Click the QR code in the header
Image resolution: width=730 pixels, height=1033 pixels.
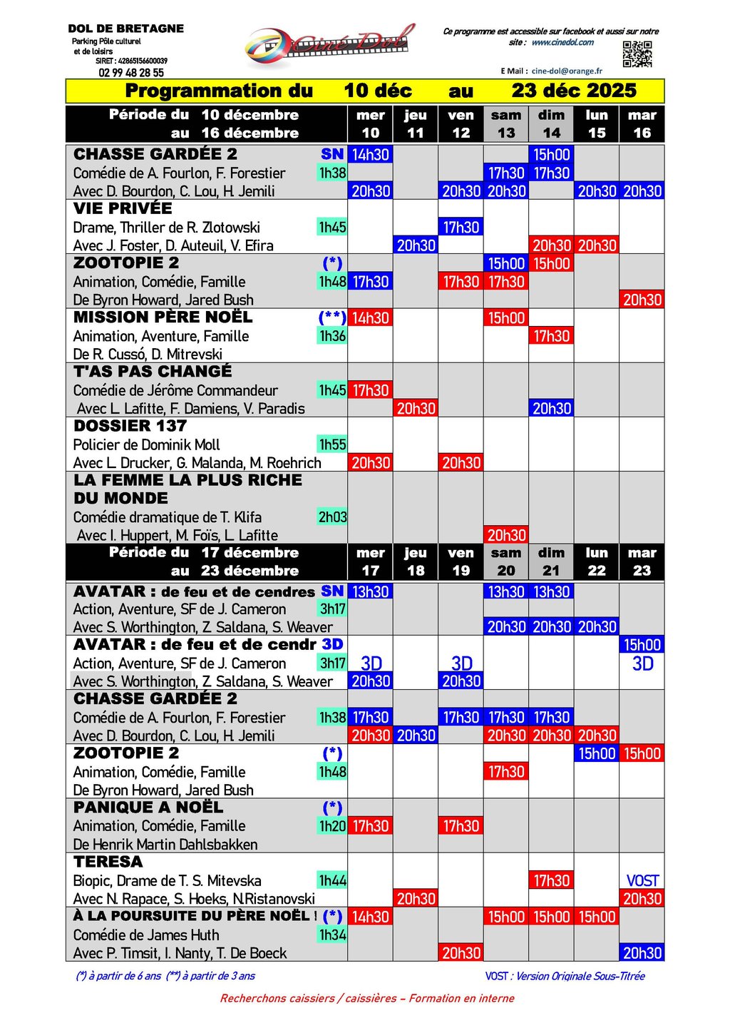pos(637,54)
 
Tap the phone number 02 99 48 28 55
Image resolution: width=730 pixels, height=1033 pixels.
pos(131,73)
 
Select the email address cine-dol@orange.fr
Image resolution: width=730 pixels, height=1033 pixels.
pos(567,71)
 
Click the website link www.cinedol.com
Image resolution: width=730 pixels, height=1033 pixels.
pos(562,43)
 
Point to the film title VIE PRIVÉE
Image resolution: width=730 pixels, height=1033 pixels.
pos(123,208)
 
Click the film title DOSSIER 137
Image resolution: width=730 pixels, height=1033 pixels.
pos(130,426)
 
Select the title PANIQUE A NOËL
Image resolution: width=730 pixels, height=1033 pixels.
pos(148,808)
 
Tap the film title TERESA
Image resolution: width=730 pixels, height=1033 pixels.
pos(108,862)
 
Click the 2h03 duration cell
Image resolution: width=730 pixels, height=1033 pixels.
pos(332,517)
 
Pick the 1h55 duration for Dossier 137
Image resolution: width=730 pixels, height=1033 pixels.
pos(332,444)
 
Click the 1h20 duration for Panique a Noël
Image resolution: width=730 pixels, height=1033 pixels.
pos(332,826)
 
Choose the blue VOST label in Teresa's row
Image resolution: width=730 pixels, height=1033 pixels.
pos(642,881)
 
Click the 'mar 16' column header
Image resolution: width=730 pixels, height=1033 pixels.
pos(642,124)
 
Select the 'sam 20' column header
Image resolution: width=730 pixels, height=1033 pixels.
pos(506,562)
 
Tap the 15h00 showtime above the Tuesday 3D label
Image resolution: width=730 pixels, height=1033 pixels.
pos(642,645)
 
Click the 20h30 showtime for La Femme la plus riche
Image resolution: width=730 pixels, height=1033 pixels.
pos(506,535)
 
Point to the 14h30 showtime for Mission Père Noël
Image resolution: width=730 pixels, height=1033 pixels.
pos(371,318)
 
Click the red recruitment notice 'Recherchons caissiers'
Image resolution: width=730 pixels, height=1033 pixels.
pos(367,999)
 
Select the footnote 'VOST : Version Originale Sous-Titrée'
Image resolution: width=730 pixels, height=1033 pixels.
pos(565,976)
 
